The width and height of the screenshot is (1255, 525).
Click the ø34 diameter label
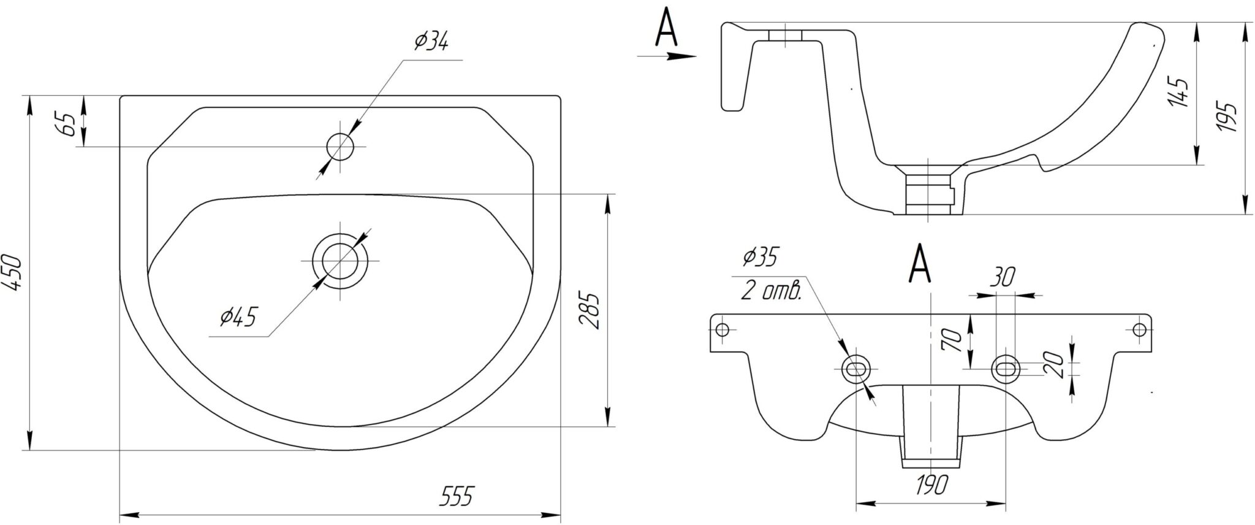[x=431, y=42]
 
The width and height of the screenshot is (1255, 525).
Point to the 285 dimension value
[x=588, y=311]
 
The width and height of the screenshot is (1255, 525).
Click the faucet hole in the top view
[x=341, y=147]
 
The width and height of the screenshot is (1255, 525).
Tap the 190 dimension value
[x=931, y=485]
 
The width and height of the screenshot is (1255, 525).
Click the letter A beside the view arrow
[x=666, y=29]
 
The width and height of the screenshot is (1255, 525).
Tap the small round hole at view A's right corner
[x=1140, y=329]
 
